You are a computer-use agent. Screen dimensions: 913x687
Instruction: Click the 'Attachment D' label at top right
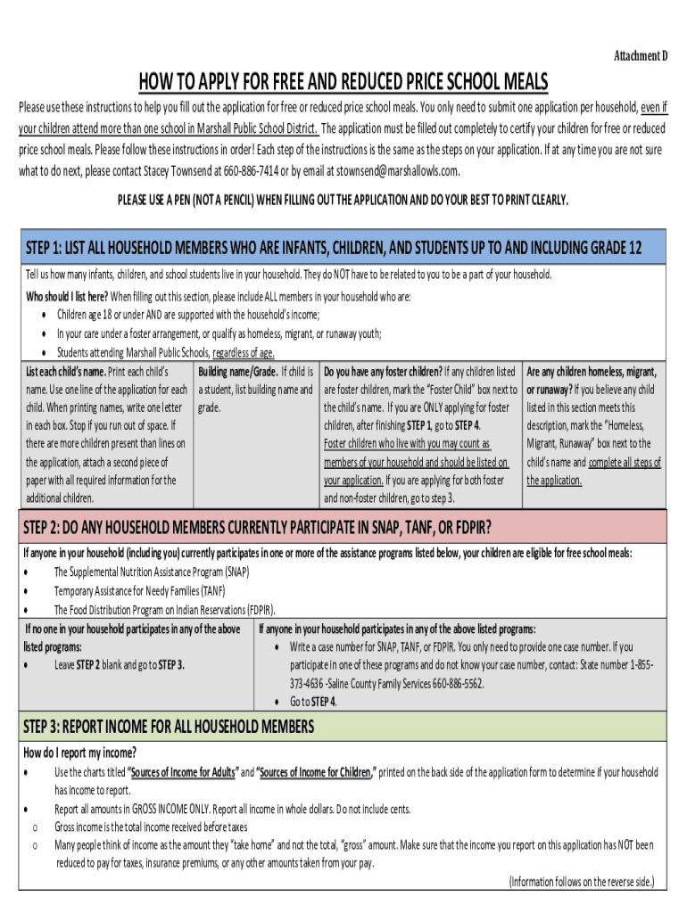(640, 56)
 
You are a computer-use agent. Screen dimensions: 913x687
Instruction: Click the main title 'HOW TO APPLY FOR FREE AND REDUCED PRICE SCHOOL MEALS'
(343, 82)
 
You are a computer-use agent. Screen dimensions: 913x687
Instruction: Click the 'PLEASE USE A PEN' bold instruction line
(343, 199)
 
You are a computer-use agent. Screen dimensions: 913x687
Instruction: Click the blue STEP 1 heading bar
(343, 247)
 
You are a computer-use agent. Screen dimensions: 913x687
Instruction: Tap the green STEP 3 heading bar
(343, 727)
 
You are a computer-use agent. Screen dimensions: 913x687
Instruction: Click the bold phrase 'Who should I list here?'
(67, 296)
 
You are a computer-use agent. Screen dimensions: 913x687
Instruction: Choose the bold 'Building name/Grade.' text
(237, 371)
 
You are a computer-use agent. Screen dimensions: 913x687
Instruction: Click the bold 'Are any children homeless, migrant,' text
(591, 371)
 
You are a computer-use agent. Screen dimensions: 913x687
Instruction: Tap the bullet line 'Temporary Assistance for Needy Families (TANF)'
(140, 590)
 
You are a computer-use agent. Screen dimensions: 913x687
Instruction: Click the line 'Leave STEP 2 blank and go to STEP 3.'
(119, 665)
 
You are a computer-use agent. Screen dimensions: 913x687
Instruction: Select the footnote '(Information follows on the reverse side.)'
(581, 882)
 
